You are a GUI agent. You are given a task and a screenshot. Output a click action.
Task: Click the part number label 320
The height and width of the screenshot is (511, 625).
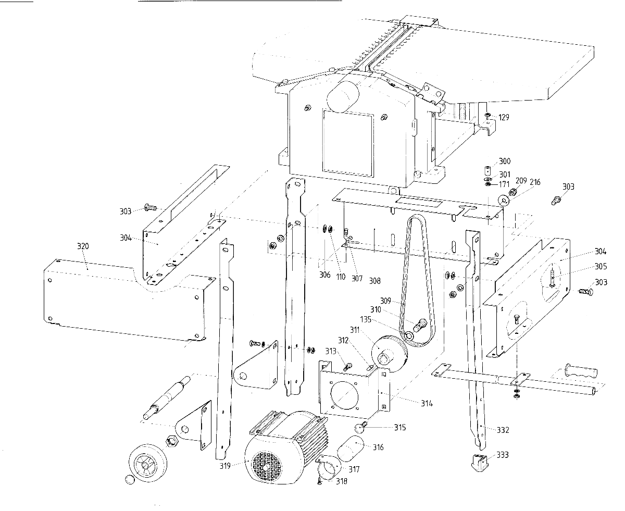82,246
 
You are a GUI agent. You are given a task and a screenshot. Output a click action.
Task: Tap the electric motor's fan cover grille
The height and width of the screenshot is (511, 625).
267,465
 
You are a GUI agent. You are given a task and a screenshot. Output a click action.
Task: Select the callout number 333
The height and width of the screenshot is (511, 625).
502,455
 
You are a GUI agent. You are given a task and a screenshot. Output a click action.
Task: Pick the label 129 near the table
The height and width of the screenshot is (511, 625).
503,117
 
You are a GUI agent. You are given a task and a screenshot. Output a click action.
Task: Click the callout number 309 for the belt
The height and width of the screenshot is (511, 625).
399,300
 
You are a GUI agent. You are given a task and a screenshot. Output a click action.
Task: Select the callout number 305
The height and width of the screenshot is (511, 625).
601,266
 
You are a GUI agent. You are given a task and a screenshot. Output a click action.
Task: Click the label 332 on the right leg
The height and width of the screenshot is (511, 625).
503,430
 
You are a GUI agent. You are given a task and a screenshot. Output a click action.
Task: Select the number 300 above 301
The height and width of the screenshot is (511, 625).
505,161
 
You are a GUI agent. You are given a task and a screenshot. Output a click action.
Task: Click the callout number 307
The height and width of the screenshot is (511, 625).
356,278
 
